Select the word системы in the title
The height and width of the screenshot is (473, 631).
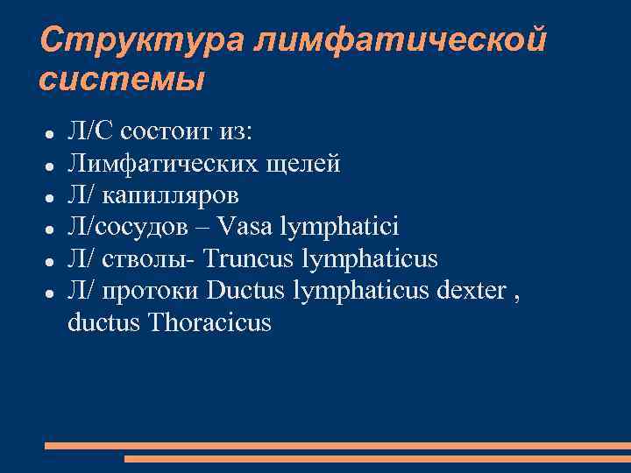tap(122, 80)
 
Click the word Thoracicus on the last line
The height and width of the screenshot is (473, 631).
tap(210, 323)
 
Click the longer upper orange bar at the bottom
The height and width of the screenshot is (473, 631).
tap(337, 446)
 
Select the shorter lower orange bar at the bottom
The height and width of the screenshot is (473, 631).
tap(377, 458)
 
